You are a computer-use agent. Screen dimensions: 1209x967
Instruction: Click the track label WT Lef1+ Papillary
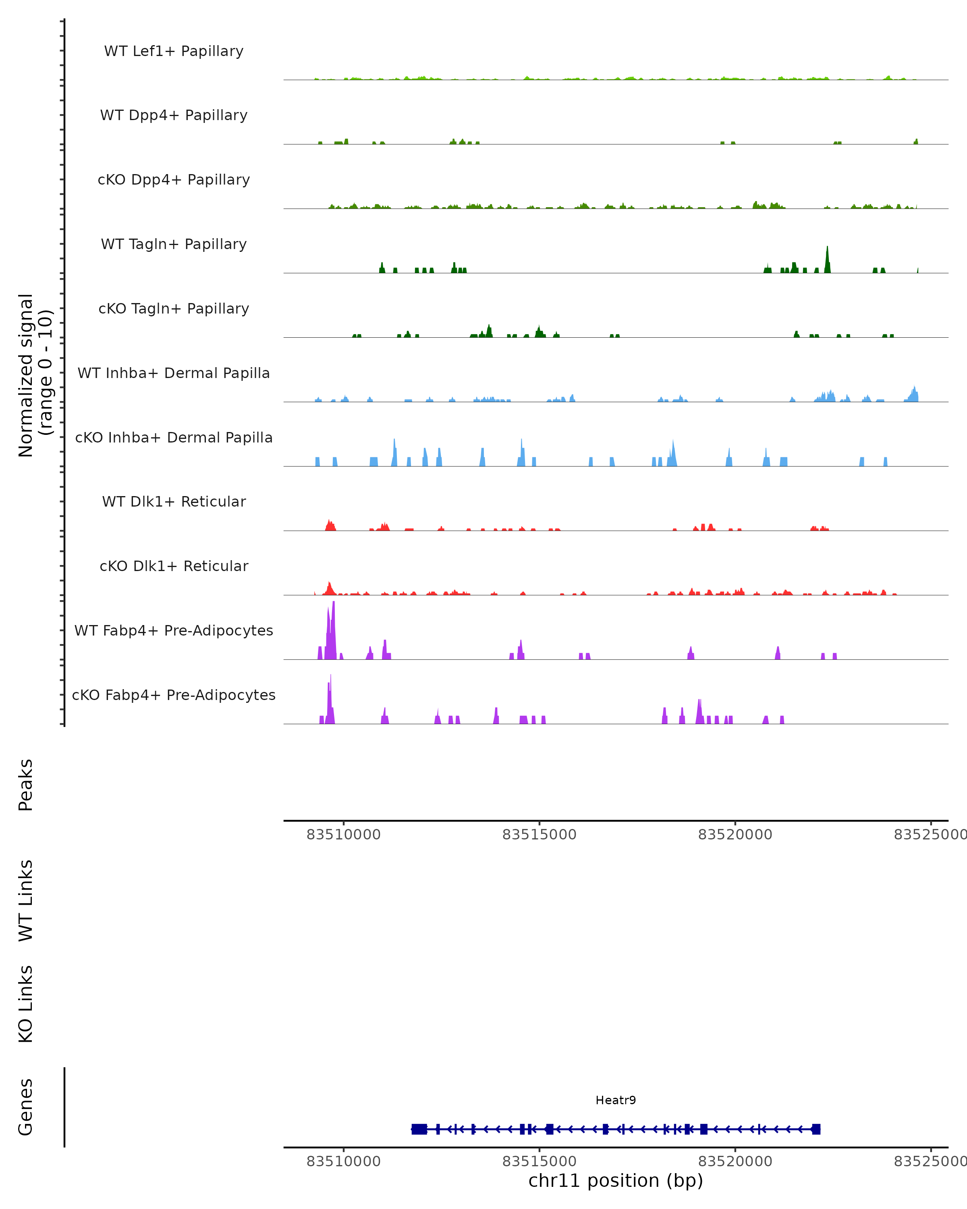(174, 51)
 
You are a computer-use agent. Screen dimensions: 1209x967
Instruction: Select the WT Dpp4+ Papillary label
(174, 116)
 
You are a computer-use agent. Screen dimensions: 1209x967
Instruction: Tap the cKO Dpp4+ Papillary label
(174, 180)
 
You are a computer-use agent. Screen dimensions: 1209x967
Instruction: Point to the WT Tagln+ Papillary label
(174, 245)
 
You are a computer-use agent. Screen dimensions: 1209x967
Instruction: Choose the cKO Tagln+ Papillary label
(174, 309)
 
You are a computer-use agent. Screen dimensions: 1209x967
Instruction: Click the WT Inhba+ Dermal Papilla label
(174, 374)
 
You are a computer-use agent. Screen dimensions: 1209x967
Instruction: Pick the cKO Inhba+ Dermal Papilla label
(174, 438)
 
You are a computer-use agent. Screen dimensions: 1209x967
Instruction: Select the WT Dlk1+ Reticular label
(174, 502)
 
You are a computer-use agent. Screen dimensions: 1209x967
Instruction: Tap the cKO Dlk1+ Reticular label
(174, 566)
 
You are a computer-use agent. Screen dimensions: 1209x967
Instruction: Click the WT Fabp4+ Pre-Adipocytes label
(174, 631)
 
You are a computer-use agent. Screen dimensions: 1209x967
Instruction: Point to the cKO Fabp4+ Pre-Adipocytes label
(174, 695)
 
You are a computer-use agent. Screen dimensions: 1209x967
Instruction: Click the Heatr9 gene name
(616, 1100)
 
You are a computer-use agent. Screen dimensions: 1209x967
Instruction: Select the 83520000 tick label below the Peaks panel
(735, 835)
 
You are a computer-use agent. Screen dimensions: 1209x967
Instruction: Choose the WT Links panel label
(26, 900)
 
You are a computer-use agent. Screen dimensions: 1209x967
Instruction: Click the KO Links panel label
(26, 1004)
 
